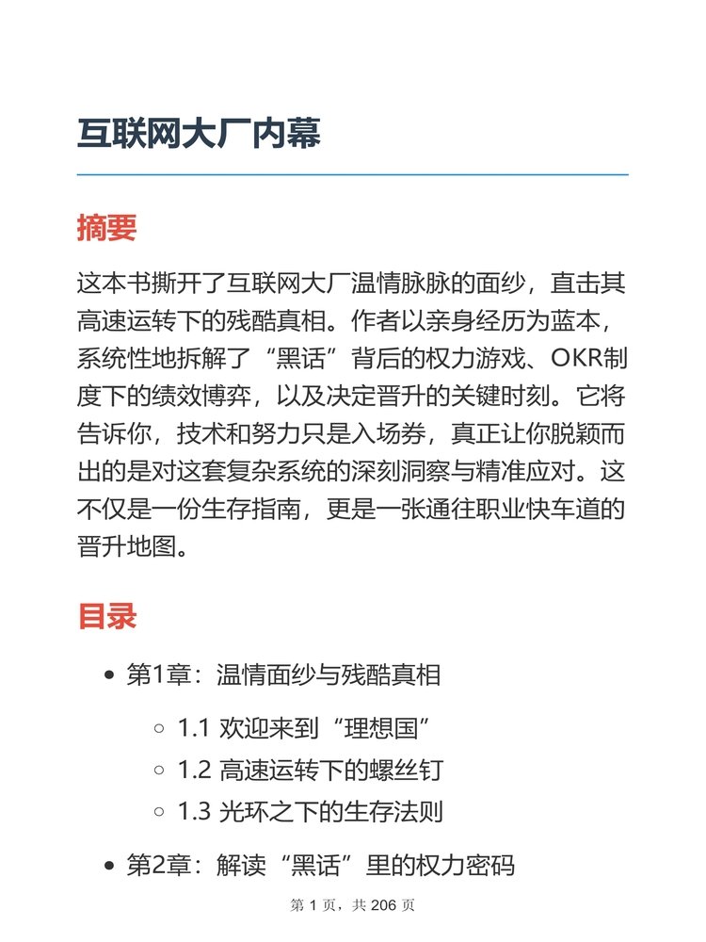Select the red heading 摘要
106,228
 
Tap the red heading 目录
106,617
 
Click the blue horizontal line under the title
352,175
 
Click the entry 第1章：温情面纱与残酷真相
283,675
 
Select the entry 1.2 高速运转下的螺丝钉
310,770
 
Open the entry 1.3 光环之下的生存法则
310,811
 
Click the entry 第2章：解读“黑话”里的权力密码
320,866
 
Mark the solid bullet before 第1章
109,676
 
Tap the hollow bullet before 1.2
158,771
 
